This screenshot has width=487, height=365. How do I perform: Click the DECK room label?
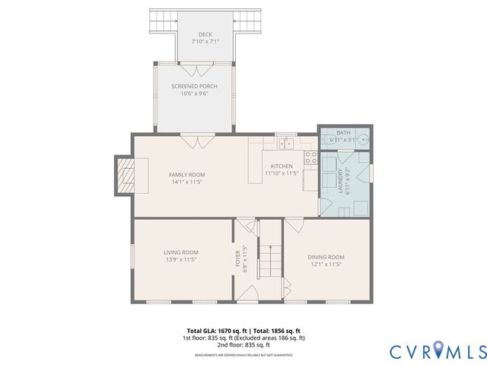tap(205, 34)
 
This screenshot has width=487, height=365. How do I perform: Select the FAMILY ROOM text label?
tap(186, 174)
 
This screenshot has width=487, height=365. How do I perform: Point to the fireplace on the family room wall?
tap(126, 174)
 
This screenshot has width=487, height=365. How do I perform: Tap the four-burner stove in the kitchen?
tap(310, 157)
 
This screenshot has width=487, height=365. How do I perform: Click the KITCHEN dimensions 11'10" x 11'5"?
tap(282, 173)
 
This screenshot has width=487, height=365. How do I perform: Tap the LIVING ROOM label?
tap(180, 252)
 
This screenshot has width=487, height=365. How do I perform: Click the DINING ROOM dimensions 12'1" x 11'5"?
tap(326, 264)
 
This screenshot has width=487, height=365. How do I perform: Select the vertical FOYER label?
tap(237, 259)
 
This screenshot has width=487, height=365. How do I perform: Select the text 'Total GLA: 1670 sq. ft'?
tap(211, 330)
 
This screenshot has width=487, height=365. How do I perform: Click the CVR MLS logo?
tap(438, 351)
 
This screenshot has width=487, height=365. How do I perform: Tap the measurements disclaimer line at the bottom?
tap(243, 355)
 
